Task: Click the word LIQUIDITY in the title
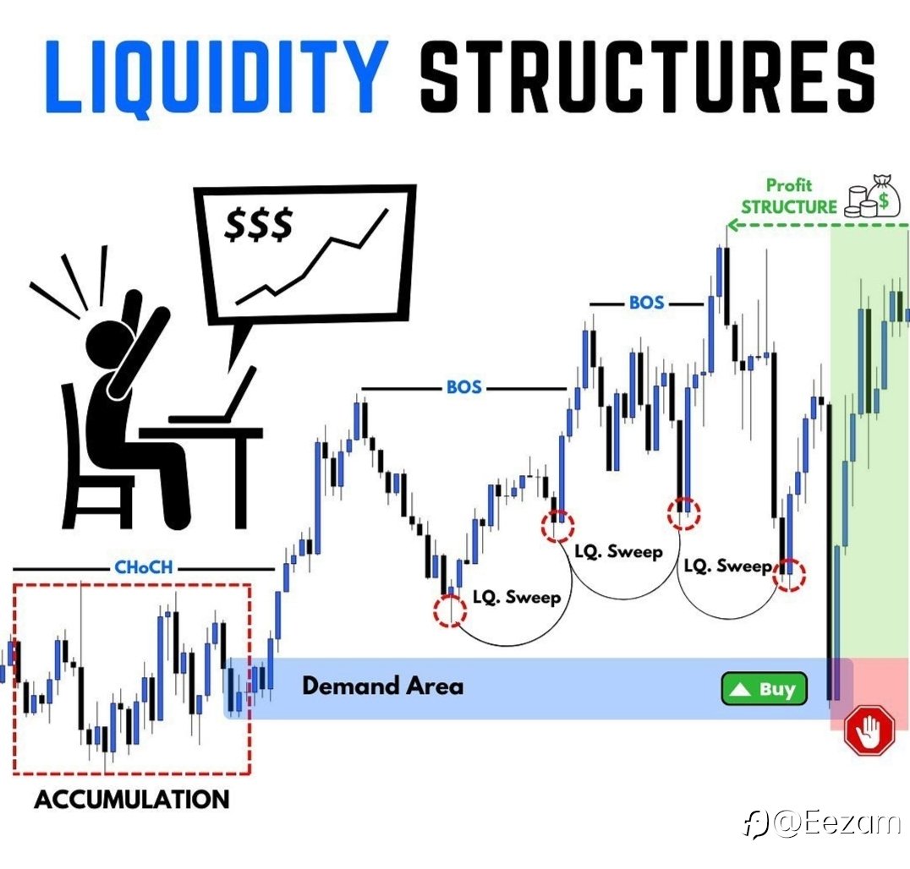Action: coord(217,77)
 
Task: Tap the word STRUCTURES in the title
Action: coord(647,77)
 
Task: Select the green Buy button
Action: coord(764,689)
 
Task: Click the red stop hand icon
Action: coord(869,730)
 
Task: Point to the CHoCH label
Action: coord(143,566)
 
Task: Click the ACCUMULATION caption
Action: coord(132,800)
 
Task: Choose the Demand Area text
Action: coord(383,686)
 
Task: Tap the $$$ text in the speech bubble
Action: coord(259,224)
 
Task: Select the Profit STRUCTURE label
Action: coord(789,196)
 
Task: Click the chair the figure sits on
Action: coord(93,464)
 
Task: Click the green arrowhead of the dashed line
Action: coord(732,225)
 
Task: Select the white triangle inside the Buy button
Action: coord(741,689)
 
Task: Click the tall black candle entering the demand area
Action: coord(831,551)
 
